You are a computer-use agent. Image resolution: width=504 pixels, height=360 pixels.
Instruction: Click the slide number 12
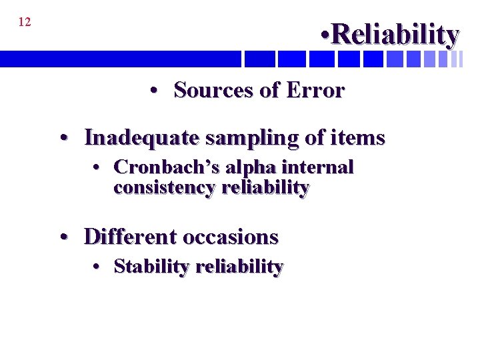24,22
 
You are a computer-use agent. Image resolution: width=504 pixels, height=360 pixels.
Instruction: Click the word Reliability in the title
395,34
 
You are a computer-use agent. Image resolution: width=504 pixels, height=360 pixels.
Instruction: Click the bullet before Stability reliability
97,267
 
